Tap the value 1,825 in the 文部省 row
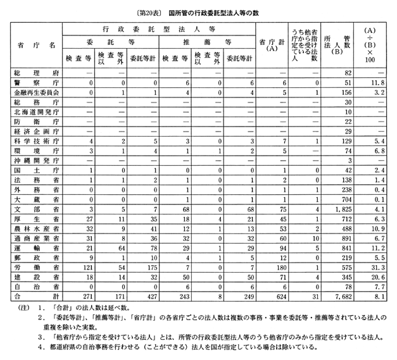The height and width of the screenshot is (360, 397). click(x=340, y=209)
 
